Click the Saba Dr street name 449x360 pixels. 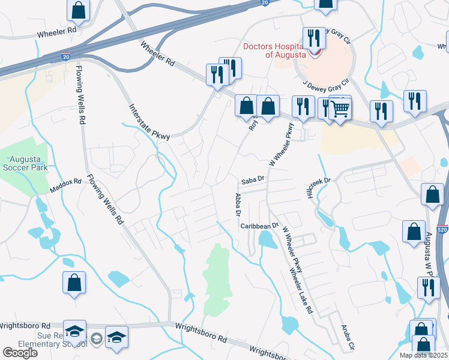coord(253,179)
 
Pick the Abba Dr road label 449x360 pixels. coord(238,205)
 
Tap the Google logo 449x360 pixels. coord(20,353)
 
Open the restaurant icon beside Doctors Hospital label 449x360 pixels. coord(314,38)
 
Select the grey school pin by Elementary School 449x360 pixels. coord(96,340)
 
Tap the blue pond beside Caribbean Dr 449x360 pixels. coord(264,241)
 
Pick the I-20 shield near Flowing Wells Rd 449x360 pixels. coord(65,56)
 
